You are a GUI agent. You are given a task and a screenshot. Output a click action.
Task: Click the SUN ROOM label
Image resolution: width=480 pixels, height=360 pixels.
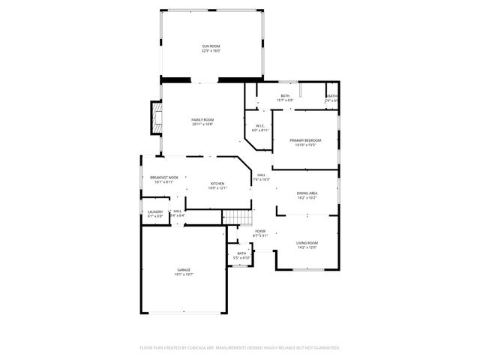click(x=211, y=46)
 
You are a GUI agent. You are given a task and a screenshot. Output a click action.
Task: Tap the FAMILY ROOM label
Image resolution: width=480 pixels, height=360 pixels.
click(x=202, y=120)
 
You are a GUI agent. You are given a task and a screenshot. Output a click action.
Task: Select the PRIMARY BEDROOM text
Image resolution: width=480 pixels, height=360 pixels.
click(x=306, y=141)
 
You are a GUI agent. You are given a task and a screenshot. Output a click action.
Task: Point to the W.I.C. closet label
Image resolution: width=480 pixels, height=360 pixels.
click(x=259, y=125)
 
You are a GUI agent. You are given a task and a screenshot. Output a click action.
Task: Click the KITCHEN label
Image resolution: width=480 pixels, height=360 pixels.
click(x=217, y=184)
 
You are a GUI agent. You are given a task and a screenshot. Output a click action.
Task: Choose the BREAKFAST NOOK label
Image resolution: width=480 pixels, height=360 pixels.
click(x=163, y=177)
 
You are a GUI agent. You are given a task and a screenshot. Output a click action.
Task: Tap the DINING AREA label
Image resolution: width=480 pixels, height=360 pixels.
click(x=307, y=193)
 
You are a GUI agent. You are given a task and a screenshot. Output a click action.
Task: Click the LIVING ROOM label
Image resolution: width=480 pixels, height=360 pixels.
click(x=307, y=243)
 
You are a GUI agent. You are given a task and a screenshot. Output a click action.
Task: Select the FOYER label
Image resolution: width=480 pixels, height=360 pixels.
click(x=260, y=231)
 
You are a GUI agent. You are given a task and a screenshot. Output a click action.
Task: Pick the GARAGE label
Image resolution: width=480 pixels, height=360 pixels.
click(x=184, y=269)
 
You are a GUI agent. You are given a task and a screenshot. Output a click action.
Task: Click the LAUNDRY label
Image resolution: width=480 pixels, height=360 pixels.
click(x=154, y=211)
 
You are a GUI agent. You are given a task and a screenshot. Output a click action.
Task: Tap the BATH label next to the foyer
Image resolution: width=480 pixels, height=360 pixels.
click(x=241, y=253)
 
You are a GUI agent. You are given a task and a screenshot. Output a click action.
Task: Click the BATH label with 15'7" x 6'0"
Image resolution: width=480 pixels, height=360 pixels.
click(x=285, y=95)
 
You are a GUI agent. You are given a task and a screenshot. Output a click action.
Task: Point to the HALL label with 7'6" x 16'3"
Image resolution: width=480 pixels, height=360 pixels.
click(x=260, y=175)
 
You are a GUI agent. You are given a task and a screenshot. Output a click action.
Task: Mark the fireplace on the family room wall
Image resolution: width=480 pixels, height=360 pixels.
click(x=156, y=117)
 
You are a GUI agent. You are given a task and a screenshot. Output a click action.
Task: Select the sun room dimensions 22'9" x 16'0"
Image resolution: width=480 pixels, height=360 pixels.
click(x=211, y=51)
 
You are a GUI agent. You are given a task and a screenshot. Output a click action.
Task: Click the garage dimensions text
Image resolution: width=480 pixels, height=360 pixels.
click(x=184, y=274)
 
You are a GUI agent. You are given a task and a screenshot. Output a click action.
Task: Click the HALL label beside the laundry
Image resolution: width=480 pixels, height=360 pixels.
click(x=178, y=211)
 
